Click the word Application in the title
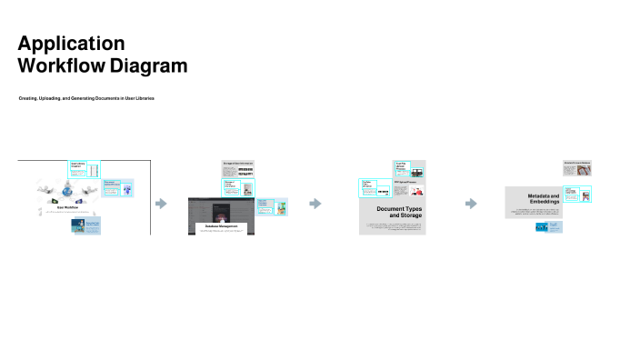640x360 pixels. point(71,44)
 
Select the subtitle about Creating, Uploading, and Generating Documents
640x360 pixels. point(86,97)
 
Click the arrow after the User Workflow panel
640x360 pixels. point(161,204)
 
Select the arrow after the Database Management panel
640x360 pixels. point(315,204)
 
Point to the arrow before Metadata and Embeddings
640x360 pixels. point(471,204)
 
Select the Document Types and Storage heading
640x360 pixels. point(399,212)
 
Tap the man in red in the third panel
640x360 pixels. point(415,171)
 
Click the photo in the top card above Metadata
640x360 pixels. point(586,170)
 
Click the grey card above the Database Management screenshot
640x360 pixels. point(238,169)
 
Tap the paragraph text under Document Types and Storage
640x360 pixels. point(395,225)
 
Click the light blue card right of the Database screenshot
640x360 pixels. point(273,206)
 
